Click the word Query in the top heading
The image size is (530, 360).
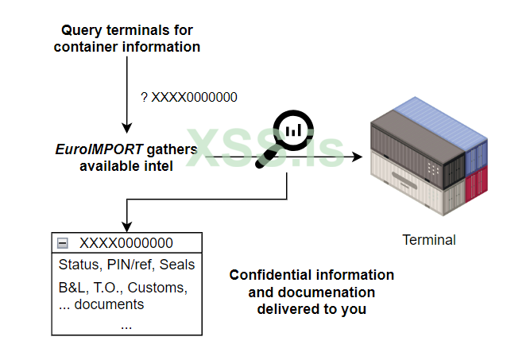pos(82,31)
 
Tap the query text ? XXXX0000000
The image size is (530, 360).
pos(188,97)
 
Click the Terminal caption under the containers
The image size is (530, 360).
pos(429,239)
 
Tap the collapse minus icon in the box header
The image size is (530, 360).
pos(61,243)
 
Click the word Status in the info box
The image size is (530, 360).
pos(77,265)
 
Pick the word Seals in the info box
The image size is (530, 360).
pos(177,265)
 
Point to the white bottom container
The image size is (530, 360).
pos(413,183)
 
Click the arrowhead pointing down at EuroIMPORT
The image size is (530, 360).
pos(126,128)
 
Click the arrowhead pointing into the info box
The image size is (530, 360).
pos(126,228)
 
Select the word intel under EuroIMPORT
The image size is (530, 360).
pos(158,165)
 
